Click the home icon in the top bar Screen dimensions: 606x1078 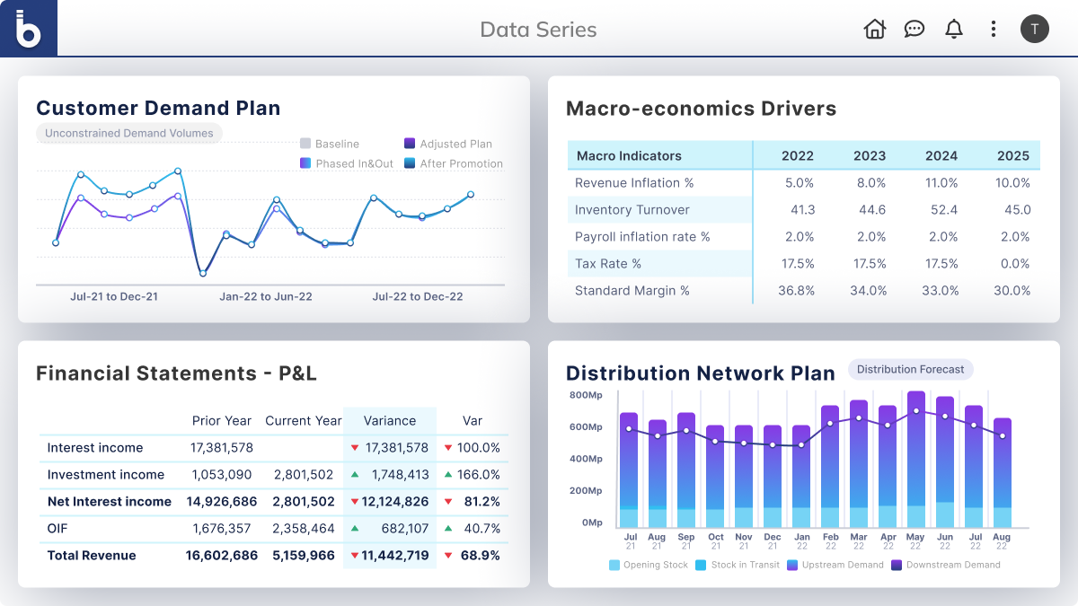point(874,29)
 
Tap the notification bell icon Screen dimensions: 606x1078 point(954,29)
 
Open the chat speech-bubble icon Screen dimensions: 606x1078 point(915,29)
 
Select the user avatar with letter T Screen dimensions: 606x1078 point(1034,29)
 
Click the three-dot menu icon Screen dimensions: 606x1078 point(993,29)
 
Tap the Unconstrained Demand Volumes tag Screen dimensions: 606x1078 point(129,134)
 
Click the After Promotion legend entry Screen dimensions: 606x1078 point(453,164)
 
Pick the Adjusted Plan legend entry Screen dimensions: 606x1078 point(447,144)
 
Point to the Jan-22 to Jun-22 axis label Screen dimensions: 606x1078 point(266,296)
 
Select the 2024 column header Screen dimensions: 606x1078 point(941,155)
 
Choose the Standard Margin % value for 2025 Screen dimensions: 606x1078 point(1013,290)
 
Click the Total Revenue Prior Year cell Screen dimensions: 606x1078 point(221,556)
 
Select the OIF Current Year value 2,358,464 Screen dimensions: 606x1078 point(304,529)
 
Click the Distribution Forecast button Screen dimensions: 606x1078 point(910,369)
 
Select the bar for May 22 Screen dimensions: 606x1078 point(915,460)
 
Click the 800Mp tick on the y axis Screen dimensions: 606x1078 point(585,395)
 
